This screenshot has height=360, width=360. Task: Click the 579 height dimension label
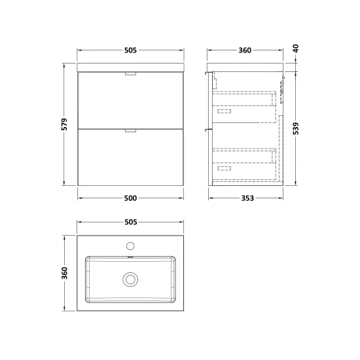pyautogui.click(x=65, y=124)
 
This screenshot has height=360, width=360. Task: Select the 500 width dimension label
pyautogui.click(x=130, y=198)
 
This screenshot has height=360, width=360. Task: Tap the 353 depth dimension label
pyautogui.click(x=247, y=198)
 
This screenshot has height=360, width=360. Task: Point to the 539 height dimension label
pyautogui.click(x=296, y=128)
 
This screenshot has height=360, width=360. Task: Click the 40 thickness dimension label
pyautogui.click(x=296, y=48)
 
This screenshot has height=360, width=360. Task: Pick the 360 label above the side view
pyautogui.click(x=245, y=50)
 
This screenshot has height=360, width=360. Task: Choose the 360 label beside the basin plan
pyautogui.click(x=65, y=273)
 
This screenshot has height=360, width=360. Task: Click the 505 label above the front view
pyautogui.click(x=130, y=50)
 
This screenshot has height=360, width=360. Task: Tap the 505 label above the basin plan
pyautogui.click(x=131, y=222)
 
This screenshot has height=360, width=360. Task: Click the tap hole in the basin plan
pyautogui.click(x=130, y=246)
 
